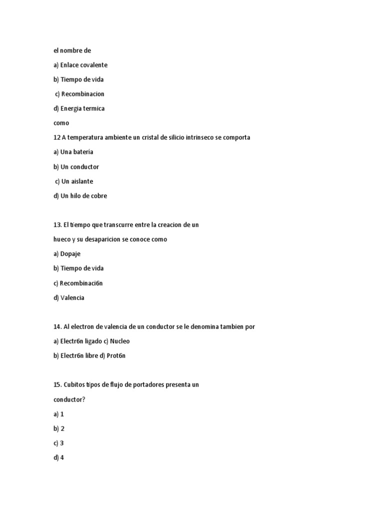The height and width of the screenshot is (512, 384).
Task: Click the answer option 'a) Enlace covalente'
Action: coord(80,65)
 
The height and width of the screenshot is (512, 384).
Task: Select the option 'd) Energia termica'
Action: coord(79,108)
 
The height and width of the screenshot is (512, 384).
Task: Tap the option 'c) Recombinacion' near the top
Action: coord(80,94)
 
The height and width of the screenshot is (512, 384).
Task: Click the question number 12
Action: coord(56,137)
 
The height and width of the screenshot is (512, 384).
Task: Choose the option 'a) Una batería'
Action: coord(73,152)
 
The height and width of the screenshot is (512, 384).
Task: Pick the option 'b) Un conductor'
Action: coord(76,167)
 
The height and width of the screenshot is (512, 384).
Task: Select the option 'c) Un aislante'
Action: coord(74,181)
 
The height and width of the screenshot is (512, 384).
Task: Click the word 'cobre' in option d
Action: coord(98,196)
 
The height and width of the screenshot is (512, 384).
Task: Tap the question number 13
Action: coord(57,225)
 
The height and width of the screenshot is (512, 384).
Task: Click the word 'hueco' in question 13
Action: coord(62,239)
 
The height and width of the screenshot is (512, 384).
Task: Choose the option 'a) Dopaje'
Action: coord(67,254)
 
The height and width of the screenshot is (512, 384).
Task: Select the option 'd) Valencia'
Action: coord(69,298)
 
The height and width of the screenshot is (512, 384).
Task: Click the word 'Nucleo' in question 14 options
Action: coord(119,341)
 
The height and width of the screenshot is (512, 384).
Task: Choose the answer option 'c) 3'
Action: coord(59,443)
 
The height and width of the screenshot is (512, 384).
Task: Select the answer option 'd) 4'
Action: coord(59,457)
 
